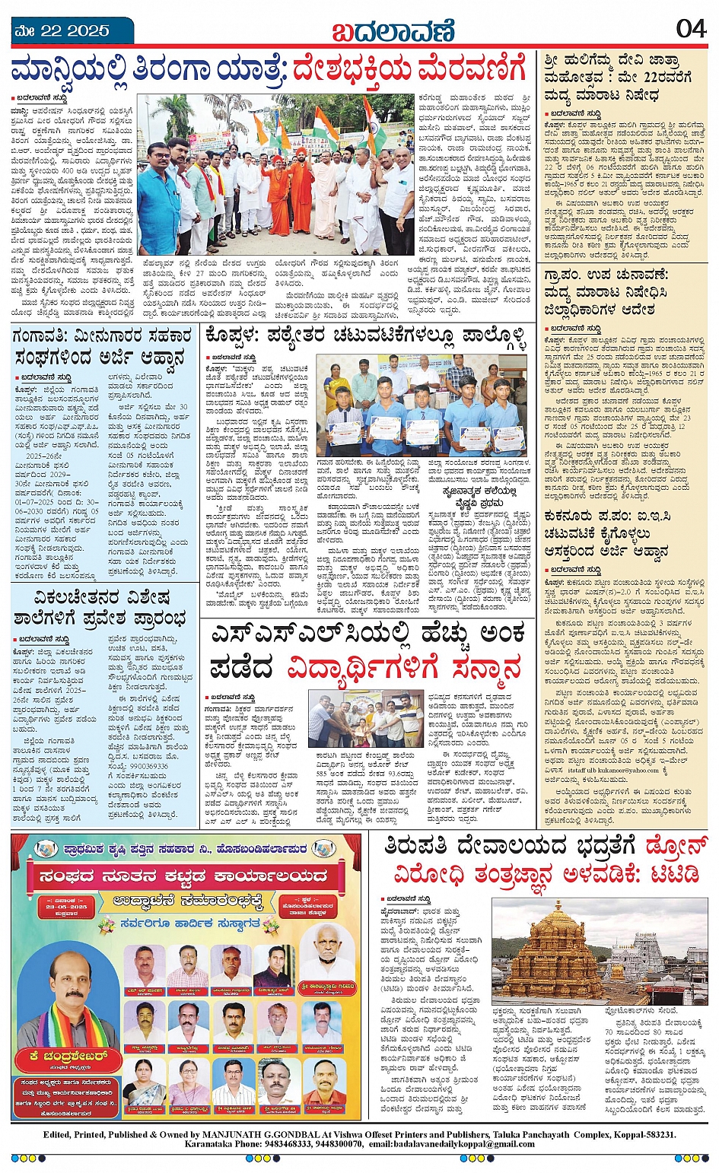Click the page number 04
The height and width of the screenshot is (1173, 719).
690,28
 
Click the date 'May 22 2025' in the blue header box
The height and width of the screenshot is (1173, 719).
62,31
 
